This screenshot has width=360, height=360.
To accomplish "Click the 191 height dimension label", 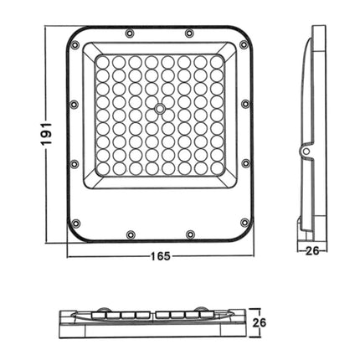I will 47,133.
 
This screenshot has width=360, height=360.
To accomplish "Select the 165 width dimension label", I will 158,256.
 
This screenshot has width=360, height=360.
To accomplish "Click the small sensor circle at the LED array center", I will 159,109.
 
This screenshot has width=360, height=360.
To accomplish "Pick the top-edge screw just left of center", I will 129,33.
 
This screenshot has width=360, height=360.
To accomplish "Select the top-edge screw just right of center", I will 189,33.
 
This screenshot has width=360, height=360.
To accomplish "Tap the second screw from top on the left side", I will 75,105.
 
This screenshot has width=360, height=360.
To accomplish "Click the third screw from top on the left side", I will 75,164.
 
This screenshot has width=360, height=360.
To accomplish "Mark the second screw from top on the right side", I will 244,105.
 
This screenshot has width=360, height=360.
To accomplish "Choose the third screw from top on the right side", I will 244,164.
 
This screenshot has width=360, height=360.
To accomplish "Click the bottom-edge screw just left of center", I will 129,234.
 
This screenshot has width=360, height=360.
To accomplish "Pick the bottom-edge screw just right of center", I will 190,234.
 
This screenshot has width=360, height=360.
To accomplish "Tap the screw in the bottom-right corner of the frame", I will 243,224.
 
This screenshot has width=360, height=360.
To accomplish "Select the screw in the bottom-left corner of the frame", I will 76,224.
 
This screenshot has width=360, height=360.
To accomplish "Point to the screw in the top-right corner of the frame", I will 243,44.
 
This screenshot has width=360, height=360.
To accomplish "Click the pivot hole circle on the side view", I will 306,152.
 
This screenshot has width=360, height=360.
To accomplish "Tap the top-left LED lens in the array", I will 103,63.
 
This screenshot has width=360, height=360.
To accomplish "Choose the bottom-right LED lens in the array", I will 216,168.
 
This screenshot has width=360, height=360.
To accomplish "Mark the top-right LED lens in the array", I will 216,63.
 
